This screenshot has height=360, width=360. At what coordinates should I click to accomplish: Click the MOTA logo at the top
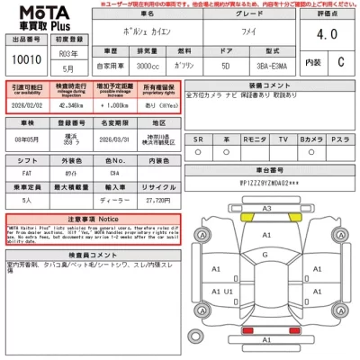click(42, 16)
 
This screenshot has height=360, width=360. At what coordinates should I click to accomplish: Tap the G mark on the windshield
click(266, 256)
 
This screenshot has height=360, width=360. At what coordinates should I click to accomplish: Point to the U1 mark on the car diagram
click(229, 292)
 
